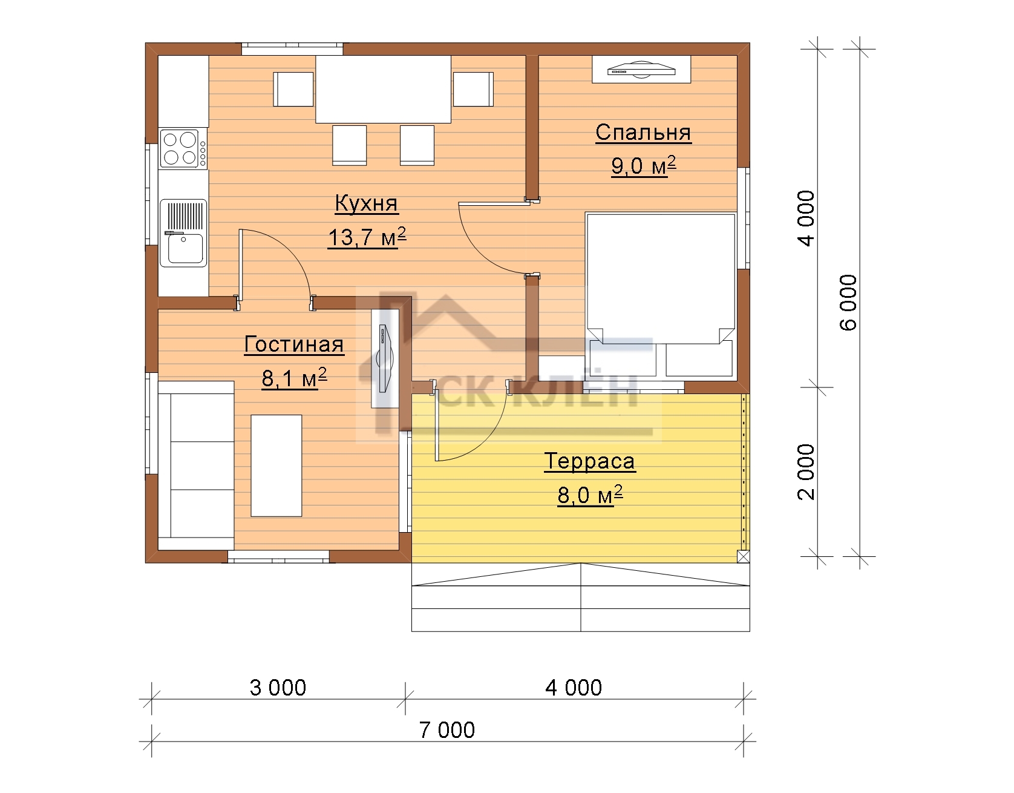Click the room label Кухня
click(367, 204)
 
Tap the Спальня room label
click(643, 133)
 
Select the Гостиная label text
click(294, 344)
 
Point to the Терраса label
click(590, 461)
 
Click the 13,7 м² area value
click(367, 237)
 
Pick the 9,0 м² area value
click(643, 165)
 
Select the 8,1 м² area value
click(294, 378)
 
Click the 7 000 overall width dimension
click(448, 731)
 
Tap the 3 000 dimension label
click(278, 688)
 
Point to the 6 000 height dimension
click(849, 303)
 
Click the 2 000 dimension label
click(807, 472)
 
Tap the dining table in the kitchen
click(384, 89)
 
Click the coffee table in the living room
click(276, 466)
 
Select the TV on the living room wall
click(385, 360)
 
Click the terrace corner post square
click(744, 557)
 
